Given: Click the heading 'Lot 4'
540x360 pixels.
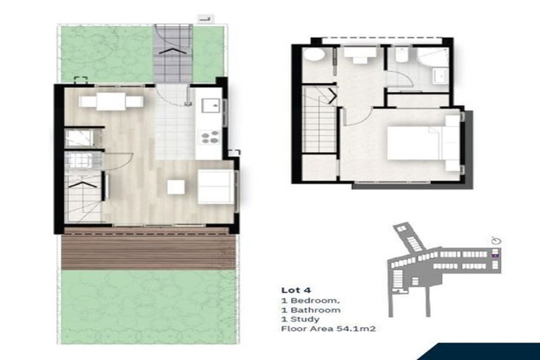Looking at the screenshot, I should point(292,290).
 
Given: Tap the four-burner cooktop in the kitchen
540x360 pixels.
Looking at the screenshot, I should point(209,136).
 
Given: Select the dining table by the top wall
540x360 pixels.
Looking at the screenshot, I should point(111,102).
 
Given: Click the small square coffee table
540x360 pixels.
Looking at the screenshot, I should point(176,187).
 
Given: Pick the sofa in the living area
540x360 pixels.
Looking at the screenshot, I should point(216,186).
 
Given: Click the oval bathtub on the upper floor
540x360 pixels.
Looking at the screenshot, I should point(314,54).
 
